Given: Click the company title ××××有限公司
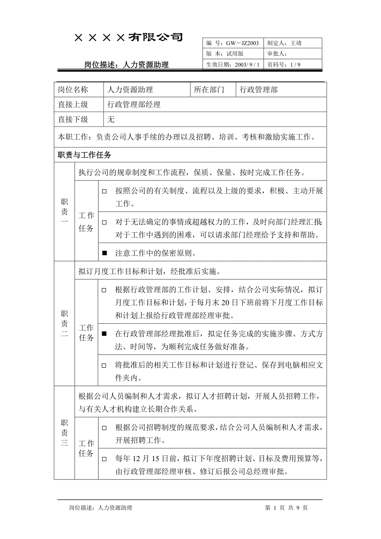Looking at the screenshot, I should pos(128,38).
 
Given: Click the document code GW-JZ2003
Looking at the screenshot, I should pos(242,43).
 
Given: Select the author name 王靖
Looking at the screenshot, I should pos(296,43).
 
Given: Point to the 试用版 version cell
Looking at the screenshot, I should pos(235,54).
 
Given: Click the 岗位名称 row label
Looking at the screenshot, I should pos(73,89).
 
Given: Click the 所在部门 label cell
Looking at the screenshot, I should pos(209,89).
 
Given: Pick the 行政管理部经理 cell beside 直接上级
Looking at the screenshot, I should pos(134,105).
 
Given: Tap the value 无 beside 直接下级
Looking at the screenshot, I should pos(111,120).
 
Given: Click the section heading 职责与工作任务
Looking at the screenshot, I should pos(84,155).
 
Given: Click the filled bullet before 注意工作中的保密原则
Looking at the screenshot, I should pos(104,253).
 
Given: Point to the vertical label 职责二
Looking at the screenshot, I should pos(64,324).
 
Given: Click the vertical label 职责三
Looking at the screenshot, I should pos(64,433).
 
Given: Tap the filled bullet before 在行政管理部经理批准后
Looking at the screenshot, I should pos(104,333).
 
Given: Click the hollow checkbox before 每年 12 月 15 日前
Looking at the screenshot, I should pos(104,459).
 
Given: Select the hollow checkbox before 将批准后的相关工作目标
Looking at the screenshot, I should pos(104,366).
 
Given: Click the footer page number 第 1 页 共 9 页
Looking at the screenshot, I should pos(286,508).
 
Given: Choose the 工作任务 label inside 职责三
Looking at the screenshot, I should pos(87,449).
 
